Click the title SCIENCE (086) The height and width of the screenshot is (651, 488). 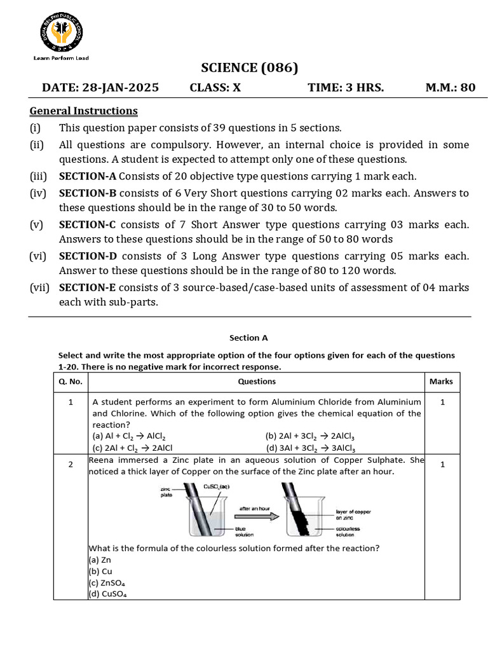click(x=249, y=68)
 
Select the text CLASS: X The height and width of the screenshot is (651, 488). click(x=215, y=88)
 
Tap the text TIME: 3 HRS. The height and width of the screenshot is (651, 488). click(x=346, y=88)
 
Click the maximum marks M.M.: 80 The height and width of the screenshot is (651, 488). click(x=450, y=88)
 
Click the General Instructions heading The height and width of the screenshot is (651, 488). click(x=83, y=111)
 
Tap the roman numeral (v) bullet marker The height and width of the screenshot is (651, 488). click(x=37, y=224)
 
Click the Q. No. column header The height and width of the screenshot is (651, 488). click(x=71, y=381)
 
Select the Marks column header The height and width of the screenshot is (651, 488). click(x=441, y=381)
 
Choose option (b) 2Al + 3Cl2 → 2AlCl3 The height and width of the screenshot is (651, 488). click(x=310, y=436)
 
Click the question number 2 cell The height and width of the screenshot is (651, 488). click(x=71, y=465)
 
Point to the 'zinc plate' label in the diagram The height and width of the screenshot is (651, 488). click(x=167, y=491)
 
